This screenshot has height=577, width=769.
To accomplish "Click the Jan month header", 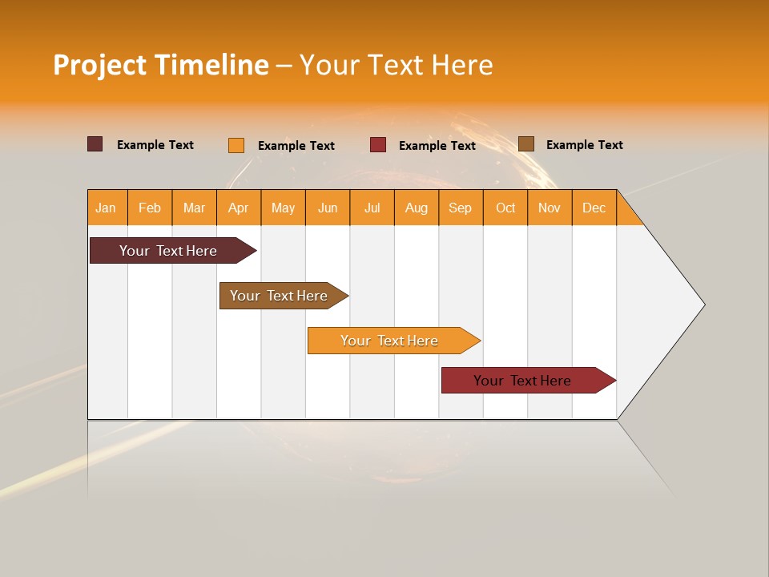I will tap(106, 208).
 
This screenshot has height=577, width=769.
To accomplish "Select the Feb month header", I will tap(150, 208).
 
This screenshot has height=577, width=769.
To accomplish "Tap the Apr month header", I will tap(238, 208).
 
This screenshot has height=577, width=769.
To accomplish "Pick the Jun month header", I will tap(328, 208).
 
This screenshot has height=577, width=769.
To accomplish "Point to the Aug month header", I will tap(416, 208).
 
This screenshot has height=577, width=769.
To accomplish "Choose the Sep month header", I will tap(460, 208).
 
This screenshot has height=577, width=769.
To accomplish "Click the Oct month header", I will tap(505, 208).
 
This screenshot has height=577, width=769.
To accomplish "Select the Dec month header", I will tap(594, 208).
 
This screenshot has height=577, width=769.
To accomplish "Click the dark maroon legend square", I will tap(95, 144).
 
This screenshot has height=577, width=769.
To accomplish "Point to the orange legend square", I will tap(236, 145).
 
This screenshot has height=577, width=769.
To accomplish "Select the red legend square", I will tap(378, 145).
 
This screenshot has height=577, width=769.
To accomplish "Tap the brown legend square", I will tap(526, 144).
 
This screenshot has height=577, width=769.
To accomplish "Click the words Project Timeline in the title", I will tap(160, 65).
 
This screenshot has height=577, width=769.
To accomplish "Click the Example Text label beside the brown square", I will tap(584, 145).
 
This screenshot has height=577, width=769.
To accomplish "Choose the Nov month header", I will tap(550, 208).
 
